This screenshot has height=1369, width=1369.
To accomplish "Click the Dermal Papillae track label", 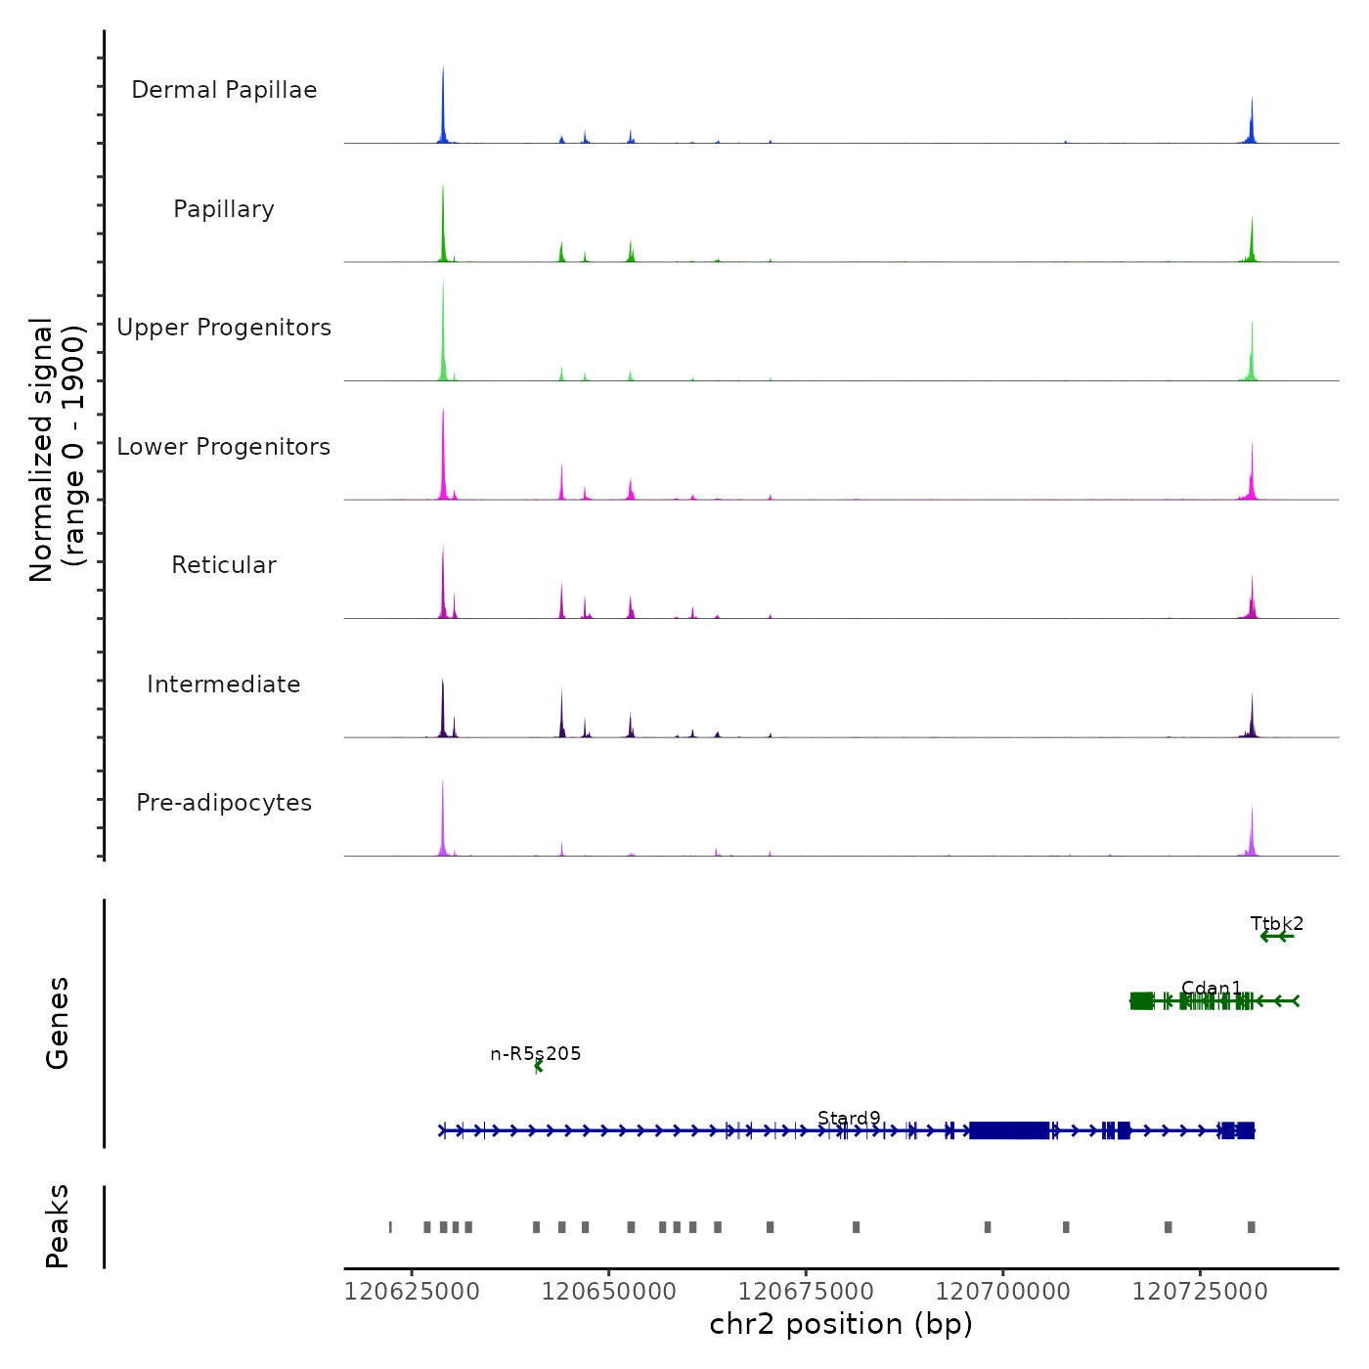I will pos(224,90).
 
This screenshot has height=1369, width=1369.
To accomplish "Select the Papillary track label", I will pos(224,209).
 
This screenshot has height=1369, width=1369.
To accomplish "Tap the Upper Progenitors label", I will pos(224,328).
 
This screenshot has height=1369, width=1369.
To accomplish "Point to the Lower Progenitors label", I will pos(224,447).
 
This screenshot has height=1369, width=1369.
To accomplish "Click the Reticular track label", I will pos(224,565).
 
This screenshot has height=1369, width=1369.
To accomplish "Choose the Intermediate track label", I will pos(224,684).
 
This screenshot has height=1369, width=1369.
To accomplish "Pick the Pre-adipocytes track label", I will pos(224,803).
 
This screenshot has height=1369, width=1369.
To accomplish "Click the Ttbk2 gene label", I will pos(1277,924).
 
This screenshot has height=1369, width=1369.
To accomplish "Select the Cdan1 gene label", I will pos(1212,989).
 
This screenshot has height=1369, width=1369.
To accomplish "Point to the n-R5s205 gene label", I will pos(536,1054).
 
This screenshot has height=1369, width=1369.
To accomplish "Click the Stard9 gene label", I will pos(849,1119).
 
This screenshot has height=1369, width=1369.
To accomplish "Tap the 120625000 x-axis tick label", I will pos(413,1292).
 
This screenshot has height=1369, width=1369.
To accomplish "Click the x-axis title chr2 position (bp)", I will pos(841,1324).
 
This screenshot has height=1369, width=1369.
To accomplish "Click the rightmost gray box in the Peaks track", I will pos(1252,1227).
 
